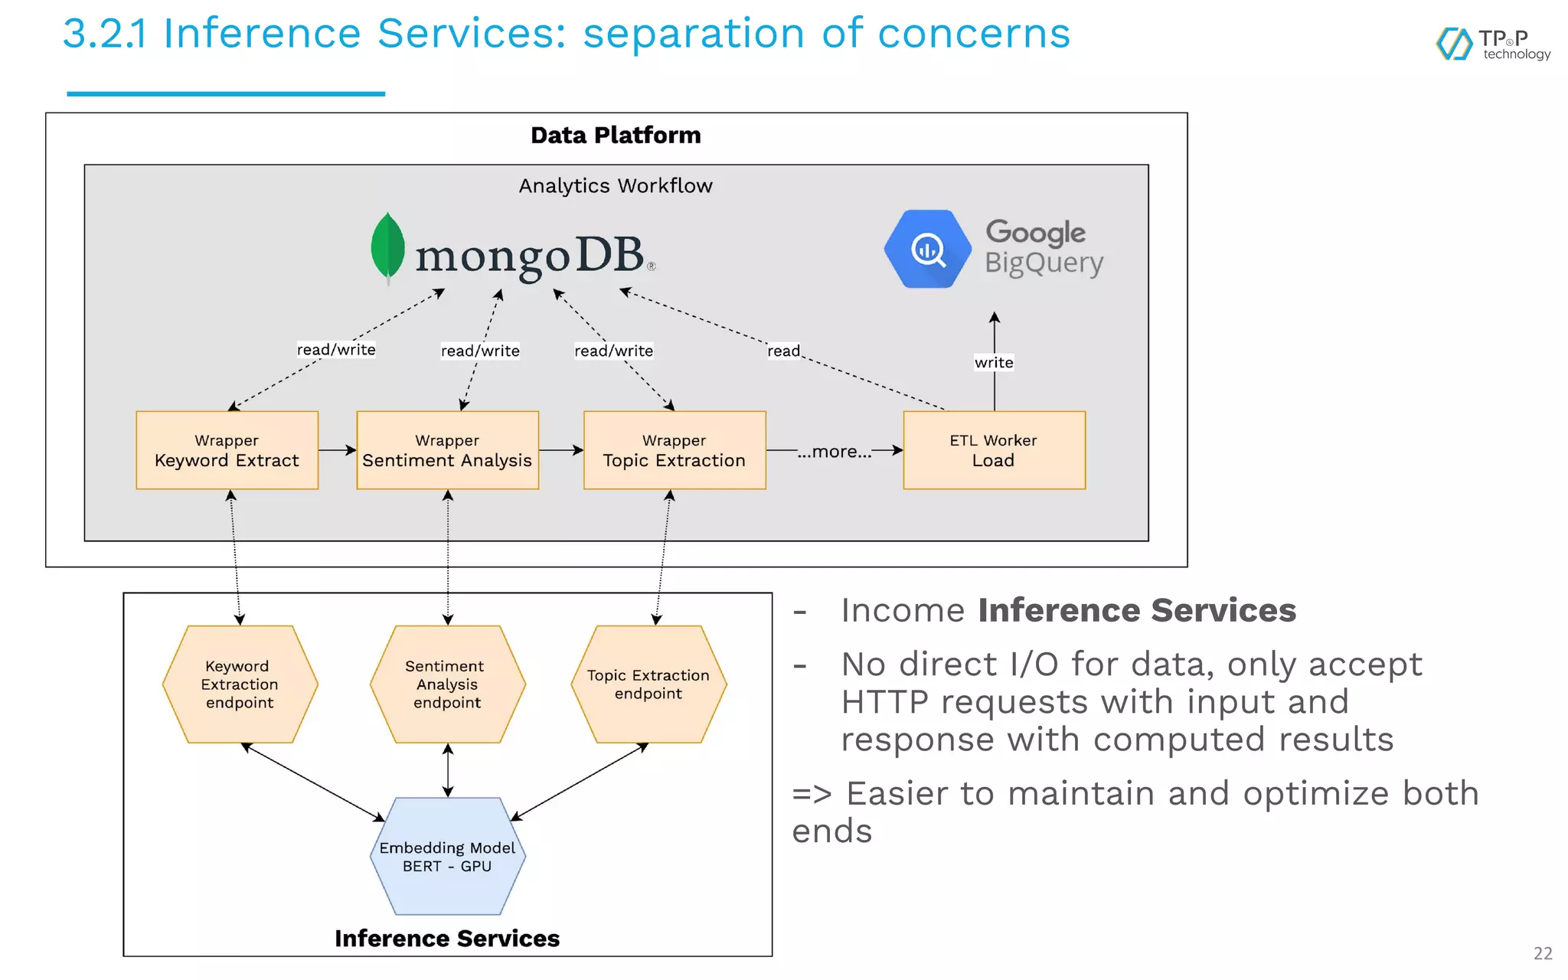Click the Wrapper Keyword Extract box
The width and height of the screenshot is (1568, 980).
pyautogui.click(x=227, y=450)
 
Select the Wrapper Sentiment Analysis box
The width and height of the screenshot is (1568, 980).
pyautogui.click(x=447, y=450)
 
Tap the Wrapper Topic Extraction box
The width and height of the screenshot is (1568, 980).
pyautogui.click(x=674, y=450)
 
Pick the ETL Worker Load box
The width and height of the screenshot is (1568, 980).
pyautogui.click(x=994, y=450)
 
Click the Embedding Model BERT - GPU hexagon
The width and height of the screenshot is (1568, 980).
pyautogui.click(x=448, y=856)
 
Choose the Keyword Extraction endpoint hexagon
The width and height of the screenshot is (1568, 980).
pyautogui.click(x=240, y=684)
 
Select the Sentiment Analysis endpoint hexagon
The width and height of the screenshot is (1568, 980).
pyautogui.click(x=448, y=684)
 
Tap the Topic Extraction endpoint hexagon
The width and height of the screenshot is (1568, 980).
pyautogui.click(x=648, y=684)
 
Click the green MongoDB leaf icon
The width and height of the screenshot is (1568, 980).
pyautogui.click(x=387, y=247)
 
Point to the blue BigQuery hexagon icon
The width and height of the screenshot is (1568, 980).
pyautogui.click(x=928, y=249)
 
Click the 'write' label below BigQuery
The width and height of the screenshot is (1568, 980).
pyautogui.click(x=994, y=362)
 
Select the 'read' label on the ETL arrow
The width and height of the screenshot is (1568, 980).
pyautogui.click(x=783, y=351)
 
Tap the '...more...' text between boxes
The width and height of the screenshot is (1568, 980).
pyautogui.click(x=834, y=452)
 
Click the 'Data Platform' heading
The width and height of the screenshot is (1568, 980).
pyautogui.click(x=616, y=136)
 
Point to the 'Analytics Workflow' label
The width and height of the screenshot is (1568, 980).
pyautogui.click(x=616, y=186)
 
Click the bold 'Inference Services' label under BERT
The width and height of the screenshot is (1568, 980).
pyautogui.click(x=447, y=939)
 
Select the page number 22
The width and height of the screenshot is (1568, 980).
pyautogui.click(x=1543, y=953)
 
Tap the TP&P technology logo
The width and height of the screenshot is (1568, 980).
pyautogui.click(x=1493, y=44)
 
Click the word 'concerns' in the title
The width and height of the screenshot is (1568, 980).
pyautogui.click(x=974, y=34)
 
